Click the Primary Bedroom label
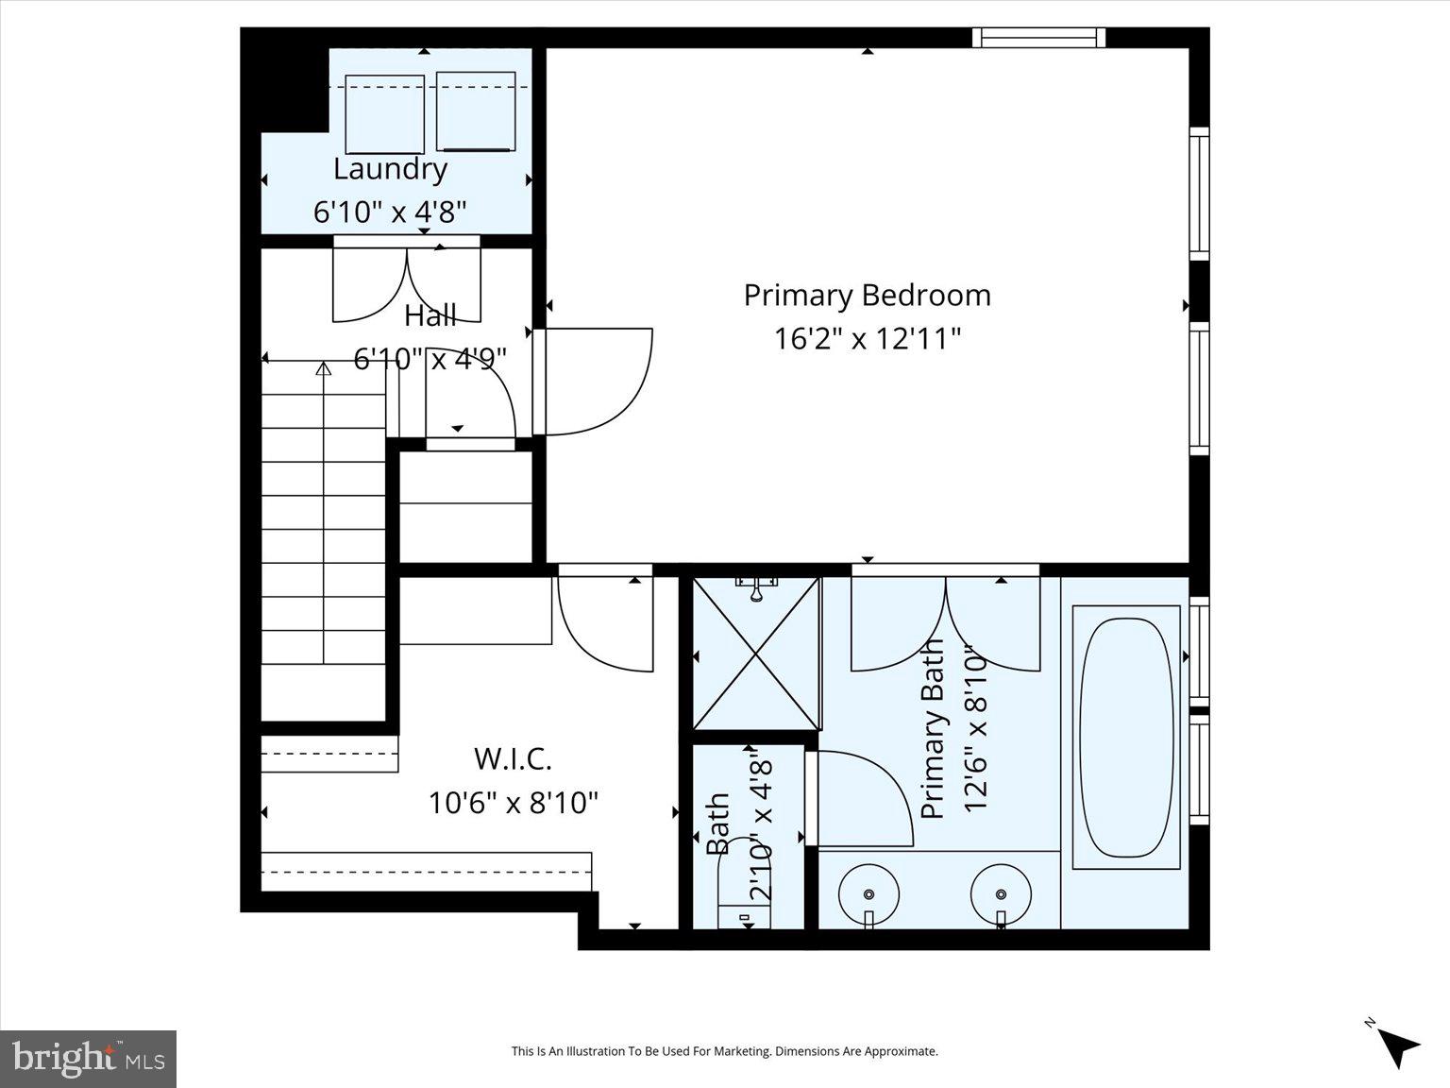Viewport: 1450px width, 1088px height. [867, 296]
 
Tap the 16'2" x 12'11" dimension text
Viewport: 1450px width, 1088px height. [867, 338]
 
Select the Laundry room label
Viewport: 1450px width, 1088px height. [390, 170]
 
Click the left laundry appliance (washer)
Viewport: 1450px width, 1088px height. [385, 113]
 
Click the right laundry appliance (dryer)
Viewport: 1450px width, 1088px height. [477, 110]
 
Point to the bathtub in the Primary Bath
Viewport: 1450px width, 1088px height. [1126, 737]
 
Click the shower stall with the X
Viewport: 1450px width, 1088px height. [756, 653]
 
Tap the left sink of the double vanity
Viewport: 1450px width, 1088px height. [868, 893]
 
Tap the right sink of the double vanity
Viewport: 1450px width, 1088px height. [1001, 893]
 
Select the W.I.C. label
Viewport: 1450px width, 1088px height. [512, 758]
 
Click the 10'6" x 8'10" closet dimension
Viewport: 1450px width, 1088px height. [514, 803]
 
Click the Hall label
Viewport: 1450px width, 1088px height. [430, 316]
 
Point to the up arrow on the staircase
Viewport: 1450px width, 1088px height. [324, 369]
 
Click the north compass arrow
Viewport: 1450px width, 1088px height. [1394, 1045]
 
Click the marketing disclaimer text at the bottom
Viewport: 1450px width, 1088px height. [724, 1051]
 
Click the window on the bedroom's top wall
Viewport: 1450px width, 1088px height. [1038, 38]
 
